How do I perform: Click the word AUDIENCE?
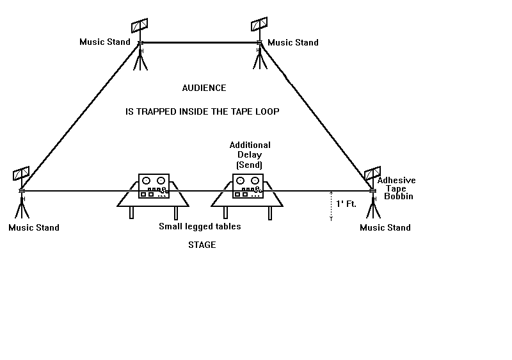coord(204,88)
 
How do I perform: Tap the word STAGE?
coord(202,245)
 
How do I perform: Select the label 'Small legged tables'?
coord(200,226)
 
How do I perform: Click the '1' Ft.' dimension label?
coord(346,204)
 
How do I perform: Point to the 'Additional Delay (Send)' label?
coord(250,155)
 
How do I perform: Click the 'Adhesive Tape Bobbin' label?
coord(396,188)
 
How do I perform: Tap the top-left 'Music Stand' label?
coord(105,42)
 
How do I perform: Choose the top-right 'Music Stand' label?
coord(292,42)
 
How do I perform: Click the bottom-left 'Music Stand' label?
coord(33,227)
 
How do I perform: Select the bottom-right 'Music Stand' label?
coord(385,227)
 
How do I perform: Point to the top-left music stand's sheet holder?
coord(140,26)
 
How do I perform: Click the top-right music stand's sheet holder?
coord(259,24)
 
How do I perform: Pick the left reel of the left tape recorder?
coord(147,181)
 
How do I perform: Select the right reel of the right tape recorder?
coord(255,181)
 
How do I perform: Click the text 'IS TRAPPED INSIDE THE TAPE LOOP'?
coord(202,111)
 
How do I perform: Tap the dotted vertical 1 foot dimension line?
coord(331,206)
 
